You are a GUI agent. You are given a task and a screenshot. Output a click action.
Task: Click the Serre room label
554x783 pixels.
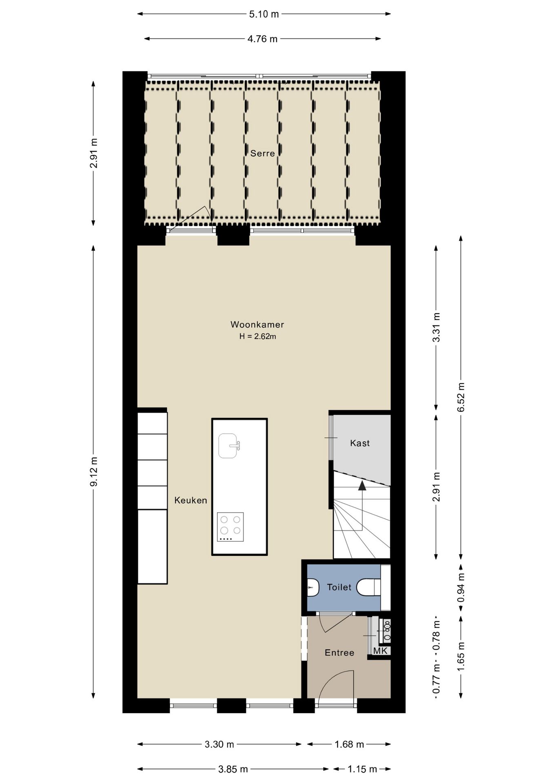[262, 153]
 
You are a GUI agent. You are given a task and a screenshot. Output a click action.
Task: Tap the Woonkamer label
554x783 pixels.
[257, 325]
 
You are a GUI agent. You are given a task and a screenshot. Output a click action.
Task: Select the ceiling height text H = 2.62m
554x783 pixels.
[257, 336]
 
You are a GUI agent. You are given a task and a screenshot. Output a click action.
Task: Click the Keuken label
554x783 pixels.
[191, 500]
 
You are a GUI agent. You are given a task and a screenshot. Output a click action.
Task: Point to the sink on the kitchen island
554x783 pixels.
[228, 446]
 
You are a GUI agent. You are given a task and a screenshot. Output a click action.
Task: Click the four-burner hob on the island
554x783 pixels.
[230, 527]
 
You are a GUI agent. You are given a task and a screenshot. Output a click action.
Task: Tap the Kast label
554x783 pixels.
[360, 443]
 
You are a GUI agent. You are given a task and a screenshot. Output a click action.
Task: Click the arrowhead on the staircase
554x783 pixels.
[361, 484]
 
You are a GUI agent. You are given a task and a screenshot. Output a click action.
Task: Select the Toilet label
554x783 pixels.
[339, 587]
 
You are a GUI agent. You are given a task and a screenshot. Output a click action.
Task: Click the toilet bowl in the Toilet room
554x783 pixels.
[368, 588]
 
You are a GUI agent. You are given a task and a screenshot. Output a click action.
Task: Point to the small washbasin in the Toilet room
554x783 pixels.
[312, 588]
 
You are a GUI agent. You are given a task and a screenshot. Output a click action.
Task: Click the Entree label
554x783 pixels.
[339, 653]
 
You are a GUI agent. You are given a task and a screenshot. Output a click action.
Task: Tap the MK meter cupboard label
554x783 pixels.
[380, 651]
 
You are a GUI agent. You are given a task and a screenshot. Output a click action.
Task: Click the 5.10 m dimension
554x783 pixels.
[264, 14]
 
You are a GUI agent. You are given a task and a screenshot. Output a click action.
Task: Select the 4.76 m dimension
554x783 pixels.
[262, 39]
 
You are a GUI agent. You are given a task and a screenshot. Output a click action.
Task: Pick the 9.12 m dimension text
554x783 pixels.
[94, 471]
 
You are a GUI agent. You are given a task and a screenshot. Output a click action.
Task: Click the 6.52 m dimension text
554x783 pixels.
[461, 397]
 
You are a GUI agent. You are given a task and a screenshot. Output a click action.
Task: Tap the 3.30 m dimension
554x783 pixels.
[219, 744]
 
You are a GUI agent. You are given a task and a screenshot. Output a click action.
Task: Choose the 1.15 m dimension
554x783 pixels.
[362, 769]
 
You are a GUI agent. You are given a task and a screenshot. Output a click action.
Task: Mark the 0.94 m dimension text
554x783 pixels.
[461, 588]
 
